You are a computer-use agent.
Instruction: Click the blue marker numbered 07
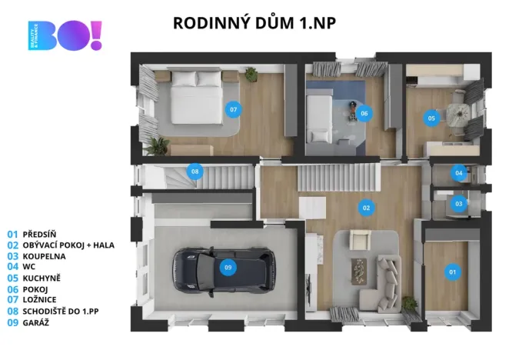click(x=234, y=109)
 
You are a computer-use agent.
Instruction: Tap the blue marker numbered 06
click(x=364, y=113)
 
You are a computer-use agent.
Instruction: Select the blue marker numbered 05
click(x=431, y=118)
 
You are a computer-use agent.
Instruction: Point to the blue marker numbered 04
click(x=459, y=173)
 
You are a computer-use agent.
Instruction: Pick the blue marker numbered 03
click(x=459, y=204)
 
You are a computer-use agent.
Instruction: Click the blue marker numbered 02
click(x=367, y=207)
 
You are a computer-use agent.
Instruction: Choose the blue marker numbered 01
click(x=451, y=270)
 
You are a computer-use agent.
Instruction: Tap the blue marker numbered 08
click(x=195, y=171)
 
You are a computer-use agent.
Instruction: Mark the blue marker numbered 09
click(x=227, y=268)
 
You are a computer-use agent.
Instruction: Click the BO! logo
click(x=65, y=36)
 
